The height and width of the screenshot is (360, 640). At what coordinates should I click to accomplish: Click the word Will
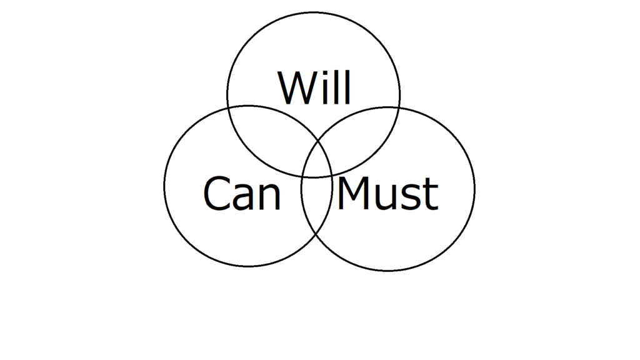[314, 87]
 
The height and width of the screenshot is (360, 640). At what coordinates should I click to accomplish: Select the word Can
[242, 193]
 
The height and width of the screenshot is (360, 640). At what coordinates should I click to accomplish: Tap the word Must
[387, 193]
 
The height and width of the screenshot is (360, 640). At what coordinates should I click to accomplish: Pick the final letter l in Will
[347, 87]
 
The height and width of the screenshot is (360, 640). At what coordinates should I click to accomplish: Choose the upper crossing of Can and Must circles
[318, 140]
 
